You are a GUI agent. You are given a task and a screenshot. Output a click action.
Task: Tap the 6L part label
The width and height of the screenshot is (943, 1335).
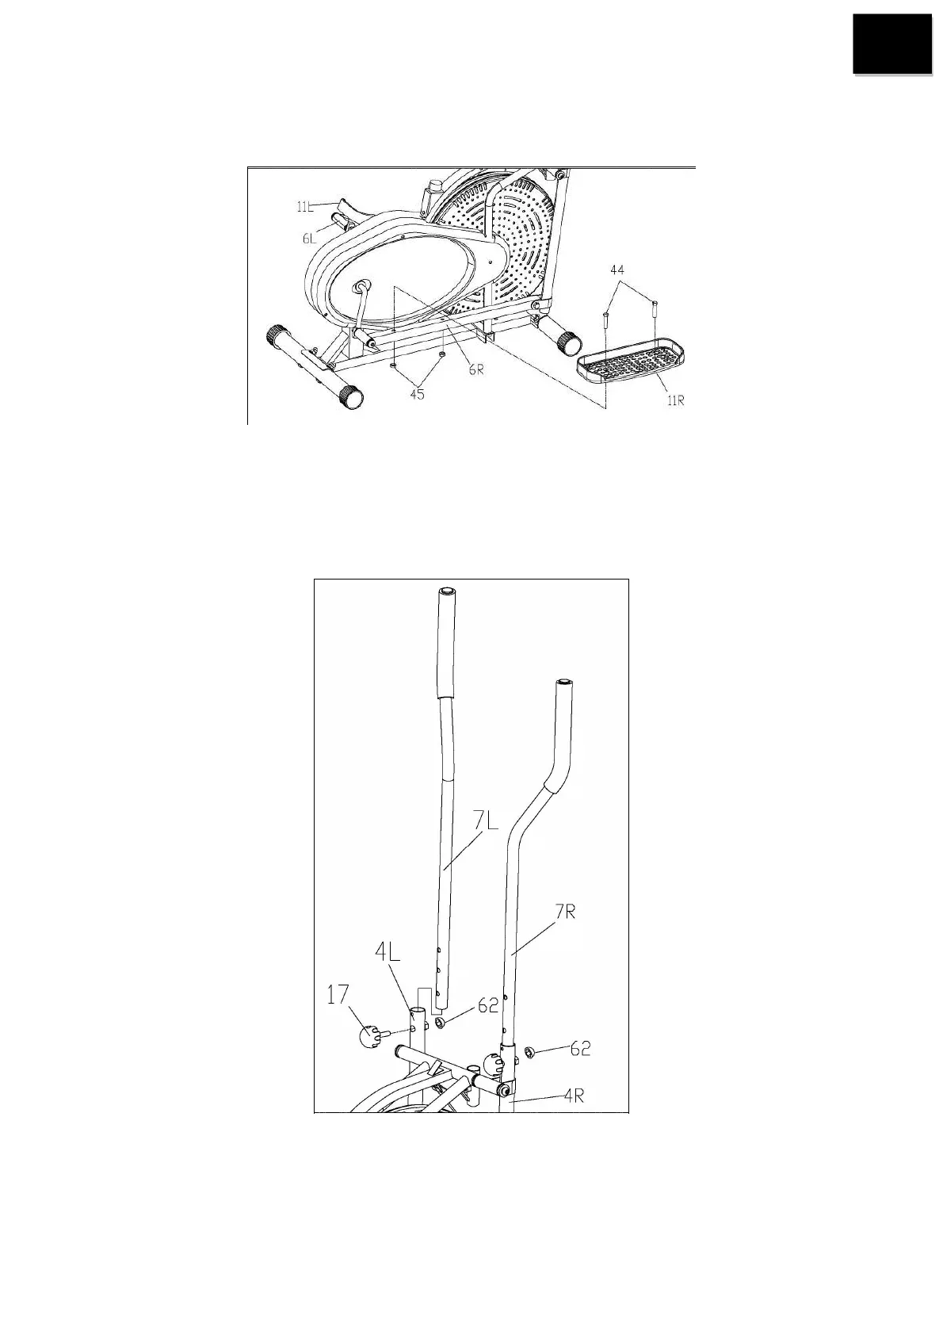pyautogui.click(x=309, y=238)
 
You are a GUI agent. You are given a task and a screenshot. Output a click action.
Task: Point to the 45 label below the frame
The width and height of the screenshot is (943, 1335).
pyautogui.click(x=417, y=393)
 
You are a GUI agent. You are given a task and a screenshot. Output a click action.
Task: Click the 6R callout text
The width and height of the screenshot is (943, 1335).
pyautogui.click(x=475, y=369)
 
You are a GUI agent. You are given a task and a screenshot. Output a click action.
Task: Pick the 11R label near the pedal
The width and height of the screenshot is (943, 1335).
pyautogui.click(x=675, y=401)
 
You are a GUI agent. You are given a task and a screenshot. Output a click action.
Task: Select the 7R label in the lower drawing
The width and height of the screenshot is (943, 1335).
pyautogui.click(x=564, y=912)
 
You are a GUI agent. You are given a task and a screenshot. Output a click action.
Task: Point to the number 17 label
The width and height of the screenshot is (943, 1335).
pyautogui.click(x=338, y=994)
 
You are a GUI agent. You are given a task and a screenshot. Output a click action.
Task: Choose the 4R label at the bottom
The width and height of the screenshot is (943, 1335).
pyautogui.click(x=575, y=1097)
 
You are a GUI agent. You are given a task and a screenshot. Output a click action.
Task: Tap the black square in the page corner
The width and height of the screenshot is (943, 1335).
pyautogui.click(x=891, y=44)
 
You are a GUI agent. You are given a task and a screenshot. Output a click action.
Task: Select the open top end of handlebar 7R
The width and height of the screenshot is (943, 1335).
pyautogui.click(x=563, y=682)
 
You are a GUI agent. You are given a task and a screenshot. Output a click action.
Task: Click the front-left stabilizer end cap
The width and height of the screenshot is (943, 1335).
pyautogui.click(x=349, y=398)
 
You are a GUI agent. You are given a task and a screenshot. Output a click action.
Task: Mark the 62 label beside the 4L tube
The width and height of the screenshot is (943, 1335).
pyautogui.click(x=488, y=1005)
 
